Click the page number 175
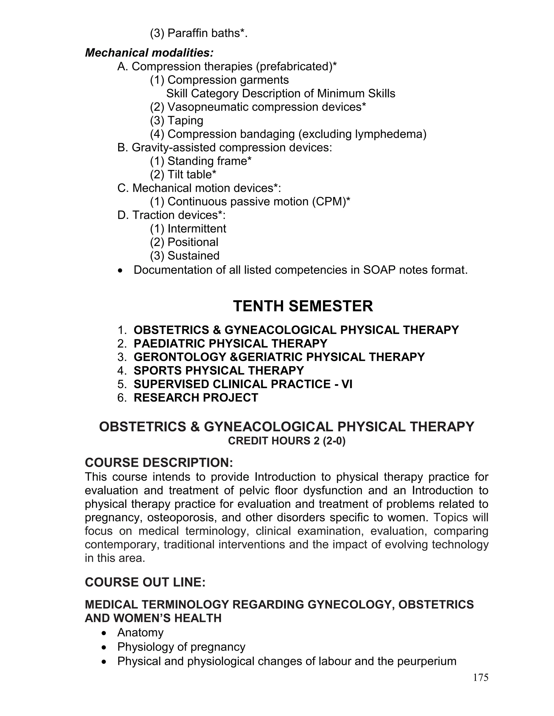(480, 677)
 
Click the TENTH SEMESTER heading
(303, 306)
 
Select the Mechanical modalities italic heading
(149, 52)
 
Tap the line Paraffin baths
(199, 33)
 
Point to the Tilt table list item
(183, 175)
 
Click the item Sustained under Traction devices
(185, 255)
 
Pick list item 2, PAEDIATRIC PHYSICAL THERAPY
(230, 343)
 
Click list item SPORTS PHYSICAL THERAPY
(219, 370)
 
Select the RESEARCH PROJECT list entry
(196, 397)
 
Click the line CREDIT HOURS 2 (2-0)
(286, 441)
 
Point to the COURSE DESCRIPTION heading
(159, 463)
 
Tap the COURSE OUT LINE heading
(145, 582)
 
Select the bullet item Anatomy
(140, 633)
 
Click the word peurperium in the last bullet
(426, 661)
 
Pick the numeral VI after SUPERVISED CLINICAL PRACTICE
(347, 384)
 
